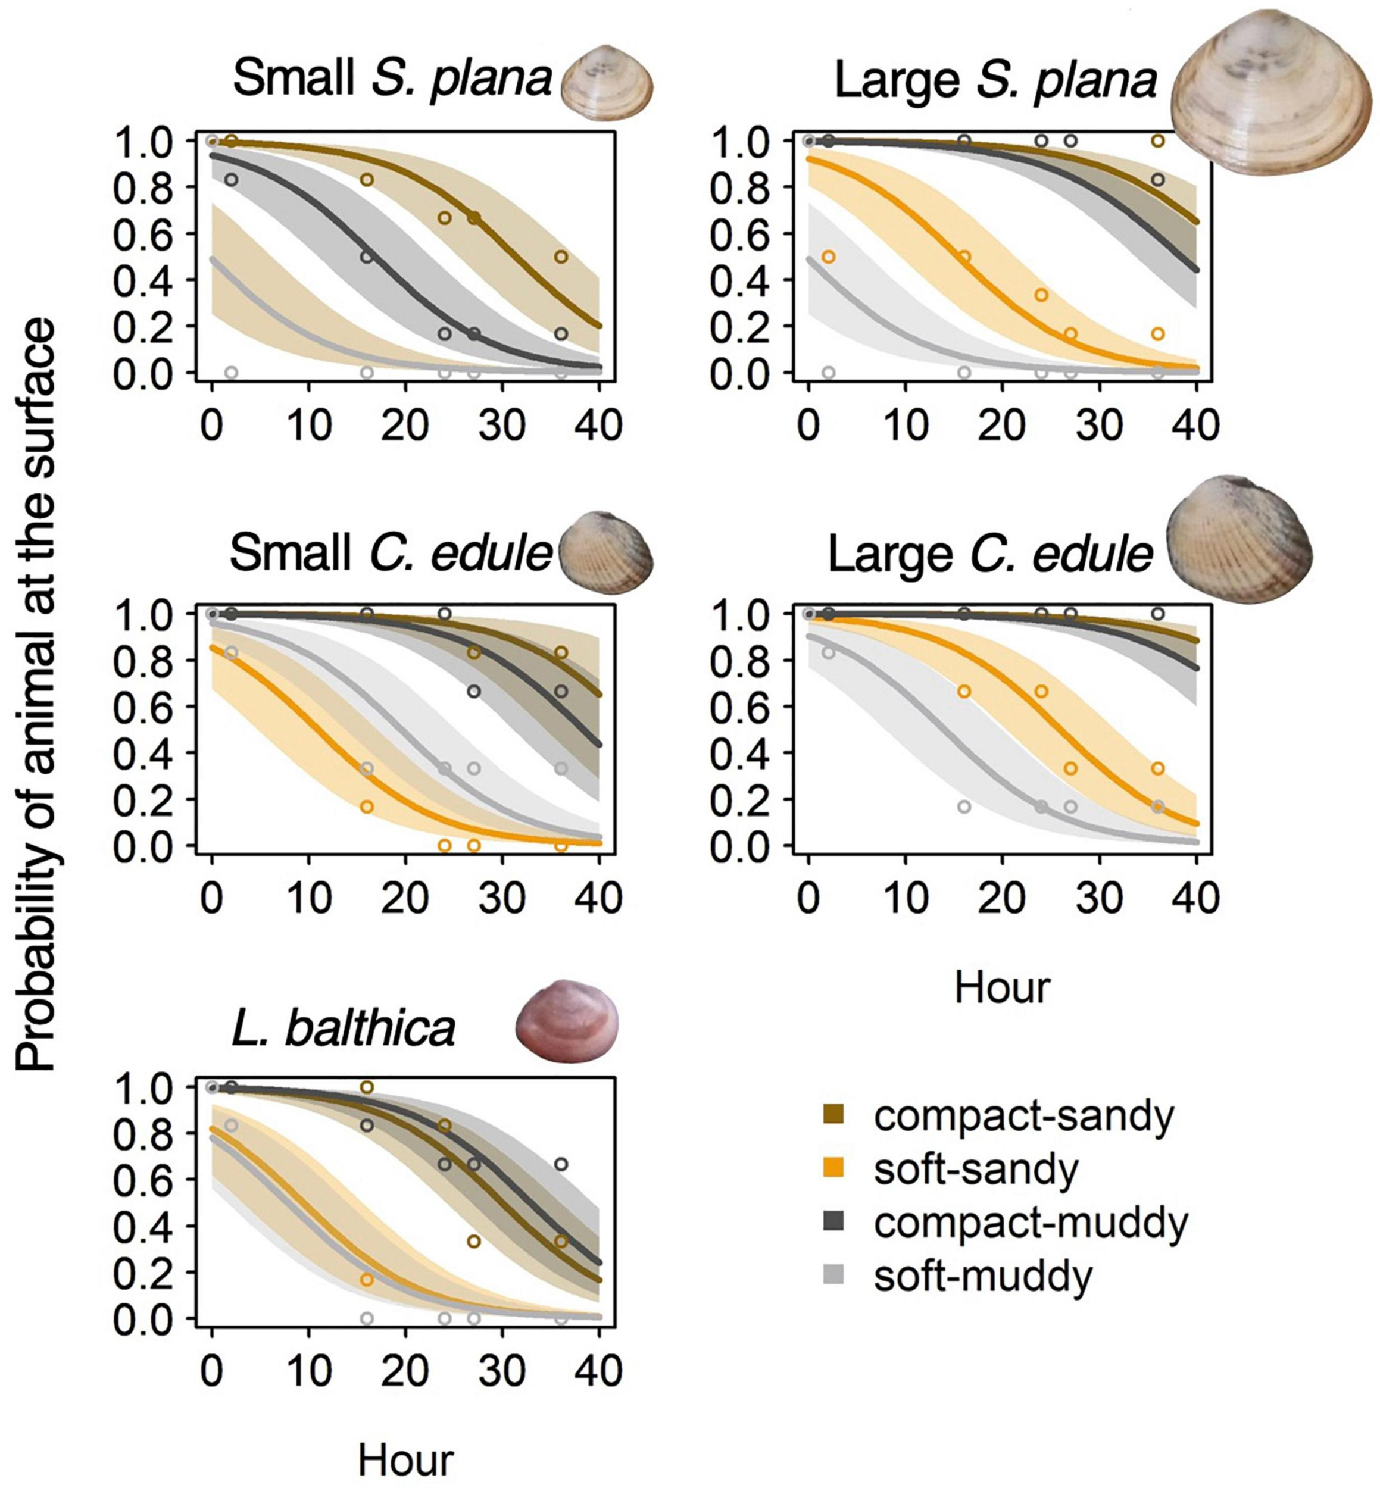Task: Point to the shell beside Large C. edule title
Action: (x=1238, y=540)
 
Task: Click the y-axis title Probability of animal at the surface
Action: (x=36, y=695)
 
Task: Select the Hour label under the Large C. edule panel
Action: (x=1002, y=987)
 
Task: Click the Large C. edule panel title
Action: (x=989, y=554)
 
